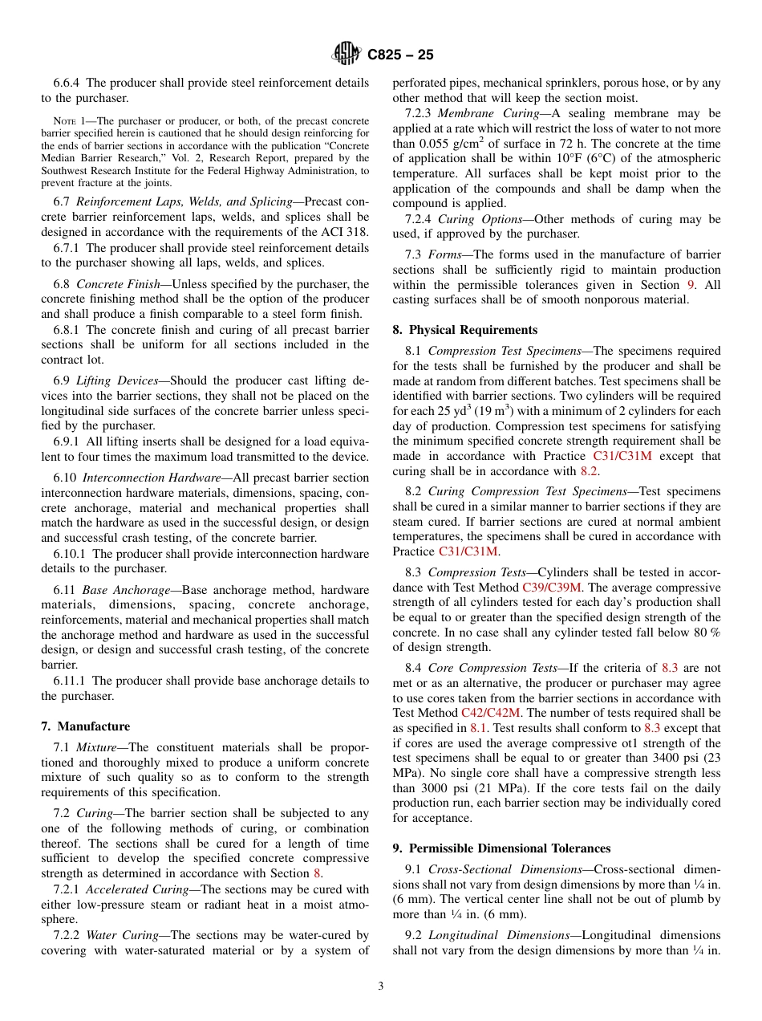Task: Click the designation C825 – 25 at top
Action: [400, 55]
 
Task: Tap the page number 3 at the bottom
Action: [381, 986]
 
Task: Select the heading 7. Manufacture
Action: [85, 726]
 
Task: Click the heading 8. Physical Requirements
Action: [465, 330]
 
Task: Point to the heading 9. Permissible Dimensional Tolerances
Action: [501, 848]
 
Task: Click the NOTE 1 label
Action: [68, 120]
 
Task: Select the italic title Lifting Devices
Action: [114, 380]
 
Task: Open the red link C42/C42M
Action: [491, 712]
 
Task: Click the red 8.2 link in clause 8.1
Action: [589, 471]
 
